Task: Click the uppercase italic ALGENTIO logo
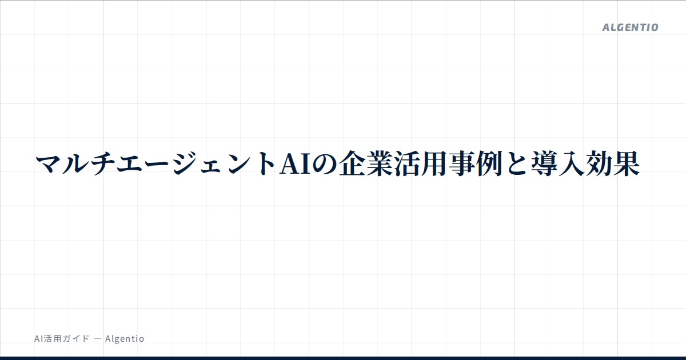630,27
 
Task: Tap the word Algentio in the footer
125,338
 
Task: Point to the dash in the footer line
97,339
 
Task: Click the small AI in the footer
39,338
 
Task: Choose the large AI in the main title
295,164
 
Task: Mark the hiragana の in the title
325,164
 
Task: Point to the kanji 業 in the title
380,164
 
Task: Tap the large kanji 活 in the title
407,164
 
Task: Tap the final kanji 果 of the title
627,164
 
